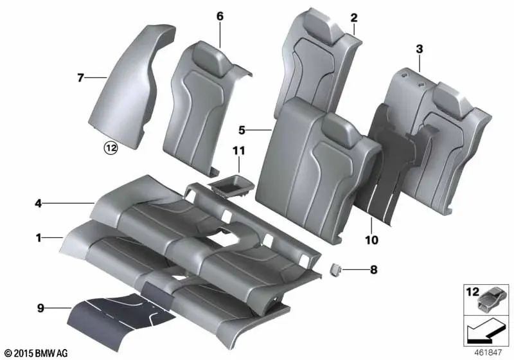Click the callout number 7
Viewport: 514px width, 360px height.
[x=80, y=78]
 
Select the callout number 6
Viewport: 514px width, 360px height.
[x=220, y=17]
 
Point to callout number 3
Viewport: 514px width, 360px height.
[x=419, y=49]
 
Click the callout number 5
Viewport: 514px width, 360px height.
[x=242, y=130]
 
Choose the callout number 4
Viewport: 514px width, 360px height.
[x=39, y=204]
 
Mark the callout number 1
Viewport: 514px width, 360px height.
[x=39, y=238]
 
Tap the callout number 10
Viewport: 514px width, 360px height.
[x=371, y=240]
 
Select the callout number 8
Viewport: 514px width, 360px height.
[x=374, y=271]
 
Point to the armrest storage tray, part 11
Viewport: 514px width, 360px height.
[x=231, y=186]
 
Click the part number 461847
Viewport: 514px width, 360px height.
[x=492, y=352]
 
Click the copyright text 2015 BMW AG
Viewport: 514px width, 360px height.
[x=35, y=353]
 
